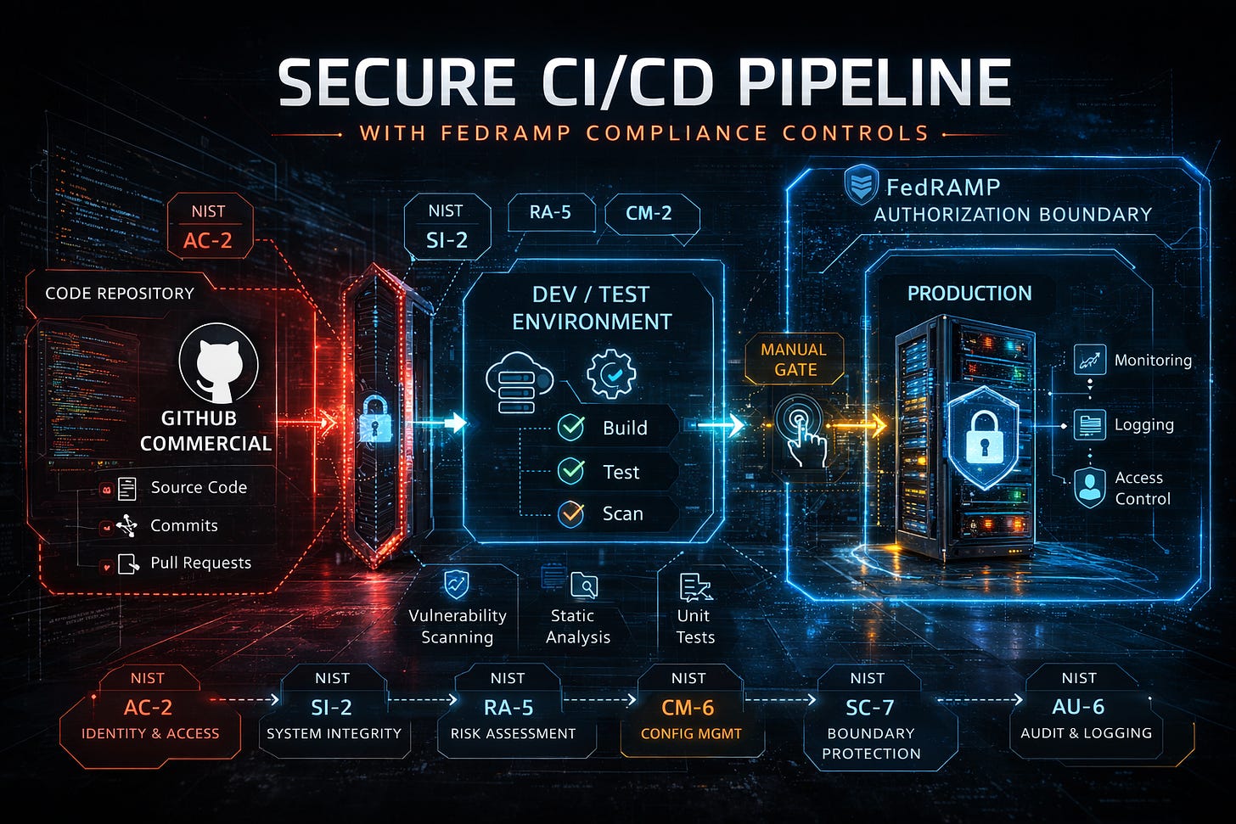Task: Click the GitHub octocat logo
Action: (x=218, y=363)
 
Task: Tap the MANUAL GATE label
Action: (x=795, y=360)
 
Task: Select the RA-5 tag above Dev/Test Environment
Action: (x=550, y=212)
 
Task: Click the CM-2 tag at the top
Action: (x=649, y=213)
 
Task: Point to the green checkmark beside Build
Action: (x=570, y=428)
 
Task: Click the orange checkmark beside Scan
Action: (x=570, y=513)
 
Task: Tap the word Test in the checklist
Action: (x=621, y=472)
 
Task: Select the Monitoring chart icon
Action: (x=1089, y=360)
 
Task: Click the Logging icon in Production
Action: (x=1089, y=424)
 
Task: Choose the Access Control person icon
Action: (x=1089, y=487)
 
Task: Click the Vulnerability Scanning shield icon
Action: (x=457, y=584)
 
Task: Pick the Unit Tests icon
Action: (x=695, y=586)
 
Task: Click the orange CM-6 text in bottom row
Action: (x=688, y=707)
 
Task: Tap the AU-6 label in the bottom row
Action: (x=1079, y=706)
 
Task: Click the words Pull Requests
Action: (x=200, y=563)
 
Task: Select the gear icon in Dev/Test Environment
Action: (x=611, y=374)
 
